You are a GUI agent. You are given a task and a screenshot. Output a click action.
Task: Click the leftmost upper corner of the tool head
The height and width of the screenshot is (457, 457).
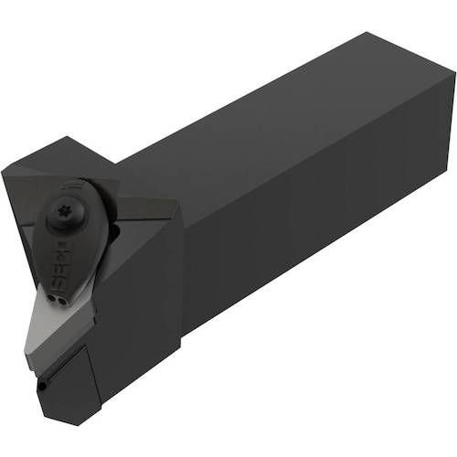point(4,168)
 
